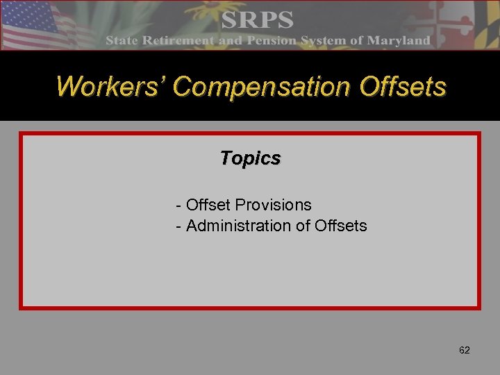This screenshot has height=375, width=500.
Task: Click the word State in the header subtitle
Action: coord(122,40)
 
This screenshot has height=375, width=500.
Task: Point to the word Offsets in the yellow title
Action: coord(403,87)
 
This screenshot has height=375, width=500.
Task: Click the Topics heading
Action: coord(250,158)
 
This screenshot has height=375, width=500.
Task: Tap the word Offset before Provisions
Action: coord(209,205)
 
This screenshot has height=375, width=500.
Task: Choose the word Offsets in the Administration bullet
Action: coord(341,226)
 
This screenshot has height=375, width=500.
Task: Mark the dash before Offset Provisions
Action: coord(180,206)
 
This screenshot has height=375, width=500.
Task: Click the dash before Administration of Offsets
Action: coord(180,226)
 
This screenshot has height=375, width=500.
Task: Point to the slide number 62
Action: coord(465,351)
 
